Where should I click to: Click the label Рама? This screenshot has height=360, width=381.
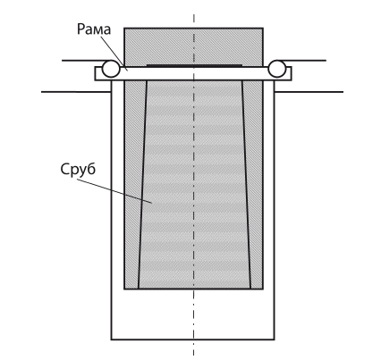pos(94,29)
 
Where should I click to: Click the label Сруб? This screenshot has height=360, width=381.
pos(78,170)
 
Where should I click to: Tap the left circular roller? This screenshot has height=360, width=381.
pos(111,69)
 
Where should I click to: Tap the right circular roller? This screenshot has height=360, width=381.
pos(277,69)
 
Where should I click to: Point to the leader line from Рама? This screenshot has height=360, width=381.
pos(114,54)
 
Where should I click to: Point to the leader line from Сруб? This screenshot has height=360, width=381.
pos(114,191)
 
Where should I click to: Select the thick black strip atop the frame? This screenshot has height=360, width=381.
pos(194,65)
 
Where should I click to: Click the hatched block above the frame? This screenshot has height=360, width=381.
pos(193,46)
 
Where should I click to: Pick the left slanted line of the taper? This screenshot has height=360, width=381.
pos(142,185)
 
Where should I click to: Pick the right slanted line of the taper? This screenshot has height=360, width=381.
pos(246,185)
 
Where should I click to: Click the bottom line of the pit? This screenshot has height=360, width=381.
pos(192,339)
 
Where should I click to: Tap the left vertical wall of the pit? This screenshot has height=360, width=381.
pos(112,210)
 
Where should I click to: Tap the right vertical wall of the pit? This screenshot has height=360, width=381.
pos(274,210)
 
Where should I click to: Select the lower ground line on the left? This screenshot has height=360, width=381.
pos(76,92)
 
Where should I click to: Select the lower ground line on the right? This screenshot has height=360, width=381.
pos(309,92)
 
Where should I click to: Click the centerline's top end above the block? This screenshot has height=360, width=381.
pos(194,14)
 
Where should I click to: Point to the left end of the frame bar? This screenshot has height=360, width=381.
pos(95,73)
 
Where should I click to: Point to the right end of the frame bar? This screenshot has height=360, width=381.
pos(292,73)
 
